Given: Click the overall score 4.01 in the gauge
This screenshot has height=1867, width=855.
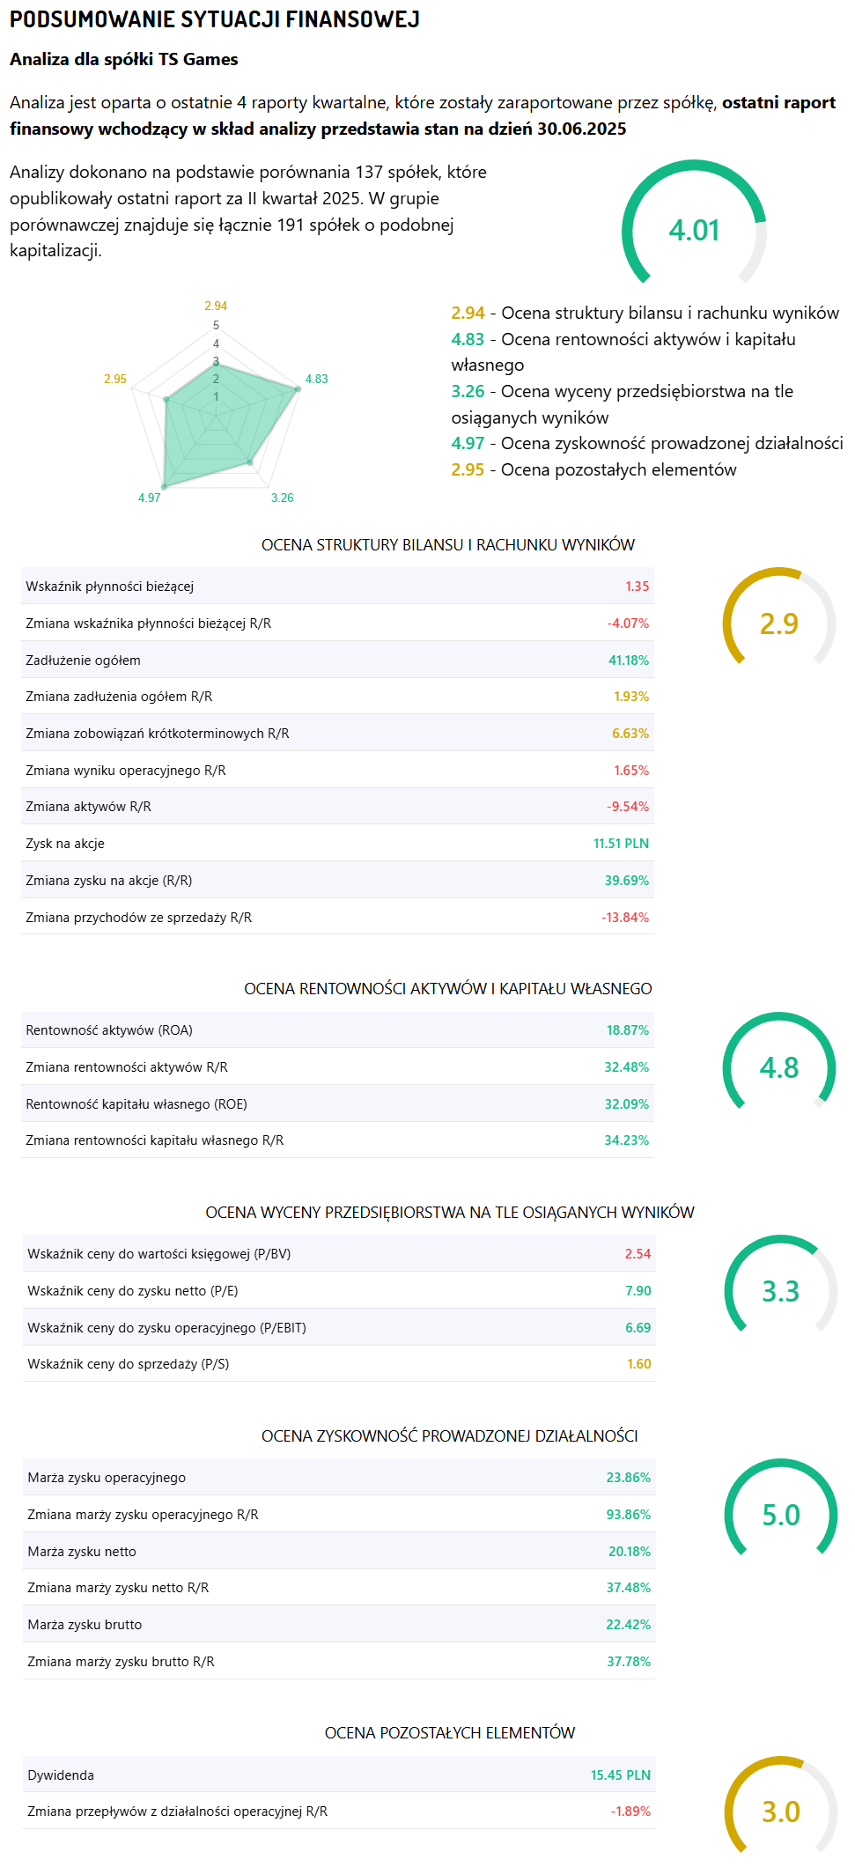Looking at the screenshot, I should click(x=694, y=231).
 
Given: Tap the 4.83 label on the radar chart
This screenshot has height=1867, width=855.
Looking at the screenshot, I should click(x=316, y=380).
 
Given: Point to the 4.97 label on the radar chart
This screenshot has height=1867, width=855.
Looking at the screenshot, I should click(x=149, y=498).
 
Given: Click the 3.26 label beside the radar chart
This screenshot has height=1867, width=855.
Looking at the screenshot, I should click(x=282, y=498).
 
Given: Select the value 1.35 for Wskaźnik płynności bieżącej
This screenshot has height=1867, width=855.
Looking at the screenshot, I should click(x=637, y=587).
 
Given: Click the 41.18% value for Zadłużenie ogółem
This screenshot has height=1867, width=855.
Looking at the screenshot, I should click(x=628, y=660).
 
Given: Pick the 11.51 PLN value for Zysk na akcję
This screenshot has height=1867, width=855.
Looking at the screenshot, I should click(x=621, y=844).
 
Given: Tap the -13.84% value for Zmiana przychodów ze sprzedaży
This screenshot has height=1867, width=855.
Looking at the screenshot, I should click(x=624, y=918).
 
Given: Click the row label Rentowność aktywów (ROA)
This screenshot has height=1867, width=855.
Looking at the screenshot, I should click(x=109, y=1030).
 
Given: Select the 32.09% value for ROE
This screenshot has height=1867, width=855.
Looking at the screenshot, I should click(x=626, y=1104).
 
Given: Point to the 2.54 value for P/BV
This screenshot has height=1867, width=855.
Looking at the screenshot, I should click(x=638, y=1254).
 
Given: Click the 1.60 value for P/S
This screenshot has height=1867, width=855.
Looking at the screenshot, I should click(x=638, y=1364).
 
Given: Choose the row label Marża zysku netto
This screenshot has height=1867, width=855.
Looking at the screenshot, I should click(x=82, y=1552).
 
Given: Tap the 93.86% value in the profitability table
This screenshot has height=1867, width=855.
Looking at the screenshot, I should click(x=628, y=1515).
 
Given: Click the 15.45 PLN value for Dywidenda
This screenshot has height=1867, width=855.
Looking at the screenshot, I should click(x=620, y=1775).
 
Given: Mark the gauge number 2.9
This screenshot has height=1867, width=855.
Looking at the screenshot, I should click(x=778, y=624).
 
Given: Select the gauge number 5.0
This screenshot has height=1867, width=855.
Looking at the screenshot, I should click(x=780, y=1515).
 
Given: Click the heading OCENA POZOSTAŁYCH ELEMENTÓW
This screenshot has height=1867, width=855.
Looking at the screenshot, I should click(x=449, y=1733).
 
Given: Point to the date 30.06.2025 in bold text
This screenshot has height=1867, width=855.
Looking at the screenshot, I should click(x=581, y=129).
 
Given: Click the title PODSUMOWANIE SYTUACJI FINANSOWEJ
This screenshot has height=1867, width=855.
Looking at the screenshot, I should click(x=214, y=19).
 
